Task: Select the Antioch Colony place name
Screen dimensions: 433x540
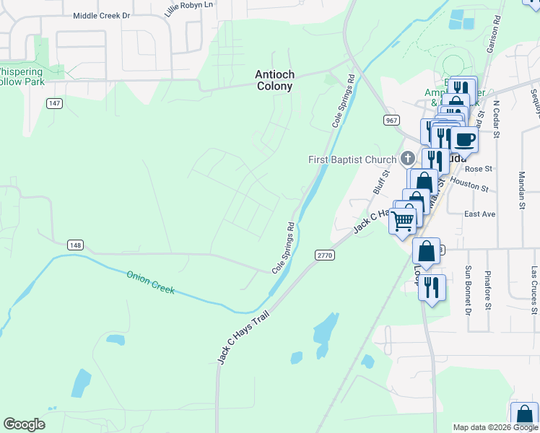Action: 274,80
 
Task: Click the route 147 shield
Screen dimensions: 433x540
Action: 54,104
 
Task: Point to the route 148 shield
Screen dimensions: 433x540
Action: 75,245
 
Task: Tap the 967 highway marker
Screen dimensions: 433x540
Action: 391,120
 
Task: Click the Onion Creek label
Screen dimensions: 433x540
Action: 151,281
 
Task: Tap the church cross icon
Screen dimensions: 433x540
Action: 407,158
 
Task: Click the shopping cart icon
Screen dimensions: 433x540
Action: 403,219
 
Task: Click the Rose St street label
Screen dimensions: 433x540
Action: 478,169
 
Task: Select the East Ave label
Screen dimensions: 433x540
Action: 479,214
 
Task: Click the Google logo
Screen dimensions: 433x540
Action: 24,424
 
